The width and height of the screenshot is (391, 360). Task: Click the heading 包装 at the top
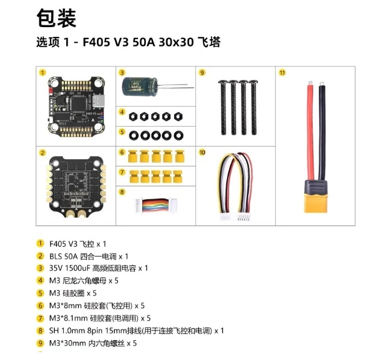(57, 19)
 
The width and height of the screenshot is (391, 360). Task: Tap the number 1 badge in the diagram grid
(42, 72)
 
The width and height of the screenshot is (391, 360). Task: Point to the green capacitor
(138, 87)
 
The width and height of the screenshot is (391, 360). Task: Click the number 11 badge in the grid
(282, 72)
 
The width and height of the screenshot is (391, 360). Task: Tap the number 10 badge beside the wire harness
(202, 153)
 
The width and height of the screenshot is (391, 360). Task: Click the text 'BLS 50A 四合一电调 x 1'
(88, 256)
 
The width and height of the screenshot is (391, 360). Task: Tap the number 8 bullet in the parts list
(41, 330)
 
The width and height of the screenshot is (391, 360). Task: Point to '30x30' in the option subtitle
(176, 43)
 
